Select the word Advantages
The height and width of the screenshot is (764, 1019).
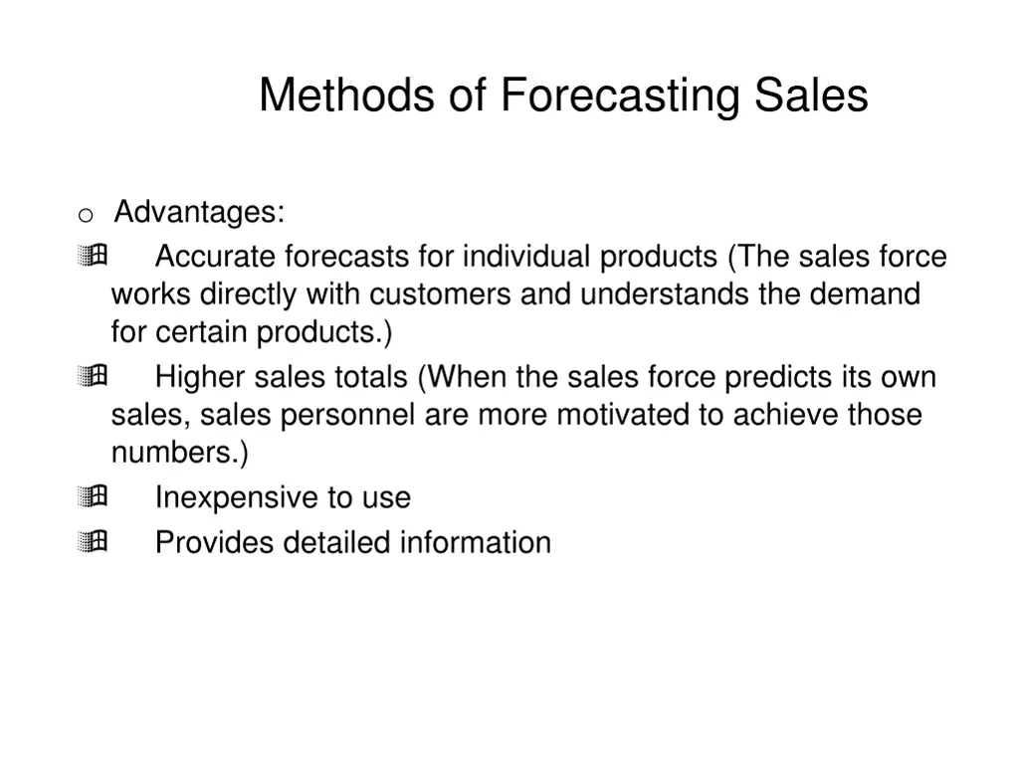tap(199, 212)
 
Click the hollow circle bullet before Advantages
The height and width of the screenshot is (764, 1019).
tap(86, 215)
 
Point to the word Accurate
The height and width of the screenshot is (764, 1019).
tap(216, 257)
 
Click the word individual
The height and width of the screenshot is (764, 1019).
tap(525, 257)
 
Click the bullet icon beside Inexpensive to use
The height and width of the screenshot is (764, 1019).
tap(91, 496)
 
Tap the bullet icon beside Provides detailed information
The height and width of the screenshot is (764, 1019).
tap(91, 542)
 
